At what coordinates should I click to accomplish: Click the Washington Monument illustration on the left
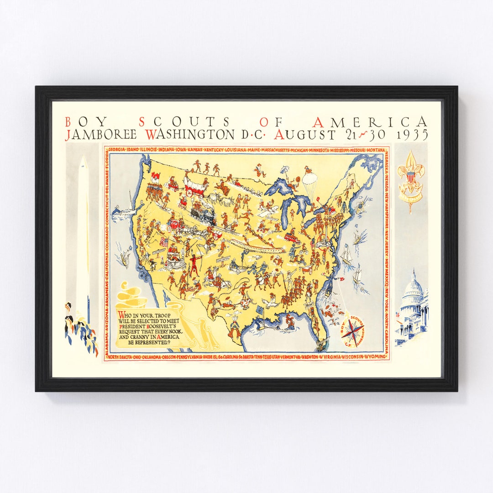coord(83,237)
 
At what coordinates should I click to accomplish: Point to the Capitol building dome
coord(414,285)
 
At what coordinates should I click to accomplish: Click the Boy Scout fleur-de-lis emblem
coord(410,176)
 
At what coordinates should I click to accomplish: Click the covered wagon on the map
coord(195,185)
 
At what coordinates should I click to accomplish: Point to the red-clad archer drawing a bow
coord(195,265)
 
